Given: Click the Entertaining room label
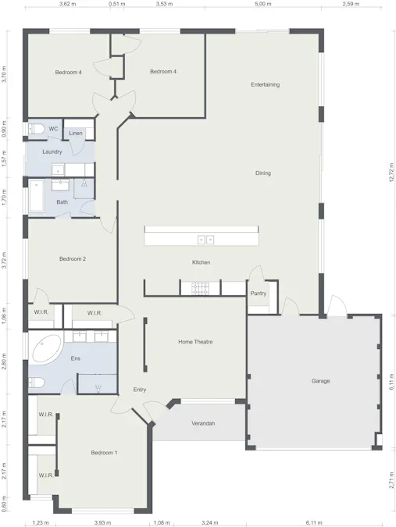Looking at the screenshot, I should coord(265,84).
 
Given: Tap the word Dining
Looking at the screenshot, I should coord(263,173).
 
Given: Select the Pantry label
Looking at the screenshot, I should coord(258,294).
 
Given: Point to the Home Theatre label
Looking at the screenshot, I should coord(195,342).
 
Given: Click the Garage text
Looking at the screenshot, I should coord(320,381).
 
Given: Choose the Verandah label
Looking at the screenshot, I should coord(203,424).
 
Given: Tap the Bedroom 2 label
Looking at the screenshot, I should coord(73,258).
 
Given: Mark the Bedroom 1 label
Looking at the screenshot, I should coord(104,453).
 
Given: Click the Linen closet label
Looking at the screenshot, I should coord(76,134).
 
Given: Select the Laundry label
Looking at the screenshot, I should coord(52,151).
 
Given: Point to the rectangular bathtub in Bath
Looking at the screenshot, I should coord(37,197).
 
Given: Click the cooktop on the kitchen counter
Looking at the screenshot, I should coord(202,289).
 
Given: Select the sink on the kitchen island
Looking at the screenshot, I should coord(205,239).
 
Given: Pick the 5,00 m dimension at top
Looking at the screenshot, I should coord(263,4).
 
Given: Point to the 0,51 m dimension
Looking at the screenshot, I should coord(117,4).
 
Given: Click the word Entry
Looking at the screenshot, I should coord(140,389).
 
